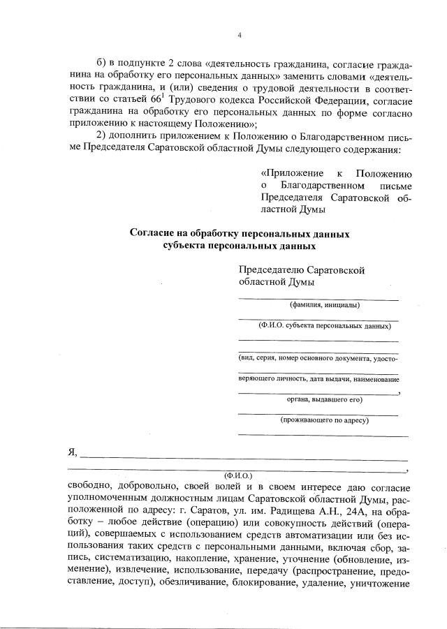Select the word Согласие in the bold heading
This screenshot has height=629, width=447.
[x=152, y=235]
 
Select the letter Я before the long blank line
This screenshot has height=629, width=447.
[x=71, y=452]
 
